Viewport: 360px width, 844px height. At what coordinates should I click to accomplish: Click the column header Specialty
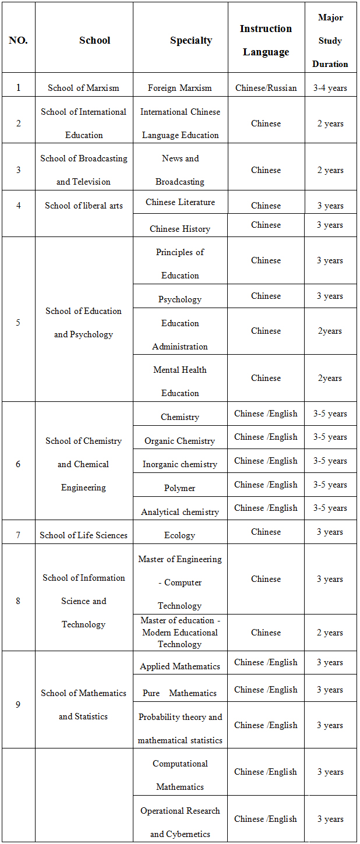pos(190,41)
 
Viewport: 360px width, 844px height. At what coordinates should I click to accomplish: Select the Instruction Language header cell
pos(266,40)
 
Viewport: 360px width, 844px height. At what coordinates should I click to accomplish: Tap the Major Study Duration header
pos(330,41)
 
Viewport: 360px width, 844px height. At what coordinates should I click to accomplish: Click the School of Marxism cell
pos(83,88)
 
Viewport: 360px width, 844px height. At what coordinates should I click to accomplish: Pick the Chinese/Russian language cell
pos(266,88)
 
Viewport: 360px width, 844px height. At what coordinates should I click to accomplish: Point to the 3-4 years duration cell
pos(330,88)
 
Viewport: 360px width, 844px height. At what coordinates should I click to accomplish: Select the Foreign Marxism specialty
pos(179,88)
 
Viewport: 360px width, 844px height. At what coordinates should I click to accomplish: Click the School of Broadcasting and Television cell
pos(83,169)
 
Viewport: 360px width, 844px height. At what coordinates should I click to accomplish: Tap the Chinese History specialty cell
pos(179,228)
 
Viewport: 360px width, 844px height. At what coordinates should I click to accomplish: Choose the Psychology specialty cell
pos(179,299)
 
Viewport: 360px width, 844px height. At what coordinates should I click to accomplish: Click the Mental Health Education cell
pos(179,381)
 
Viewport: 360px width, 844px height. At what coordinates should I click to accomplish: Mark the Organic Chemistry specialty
pos(179,441)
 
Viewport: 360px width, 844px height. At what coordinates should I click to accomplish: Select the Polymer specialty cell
pos(179,488)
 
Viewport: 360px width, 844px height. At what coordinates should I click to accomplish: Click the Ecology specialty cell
pos(179,535)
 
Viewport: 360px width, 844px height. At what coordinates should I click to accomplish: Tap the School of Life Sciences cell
pos(83,535)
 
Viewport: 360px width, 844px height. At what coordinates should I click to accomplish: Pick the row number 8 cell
pos(18,601)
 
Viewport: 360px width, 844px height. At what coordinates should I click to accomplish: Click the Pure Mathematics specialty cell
pos(179,693)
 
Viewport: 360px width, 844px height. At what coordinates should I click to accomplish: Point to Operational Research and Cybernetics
pos(179,822)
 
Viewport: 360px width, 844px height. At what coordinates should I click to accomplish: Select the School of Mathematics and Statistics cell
pos(83,704)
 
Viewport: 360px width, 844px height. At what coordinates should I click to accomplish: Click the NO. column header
pos(18,41)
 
